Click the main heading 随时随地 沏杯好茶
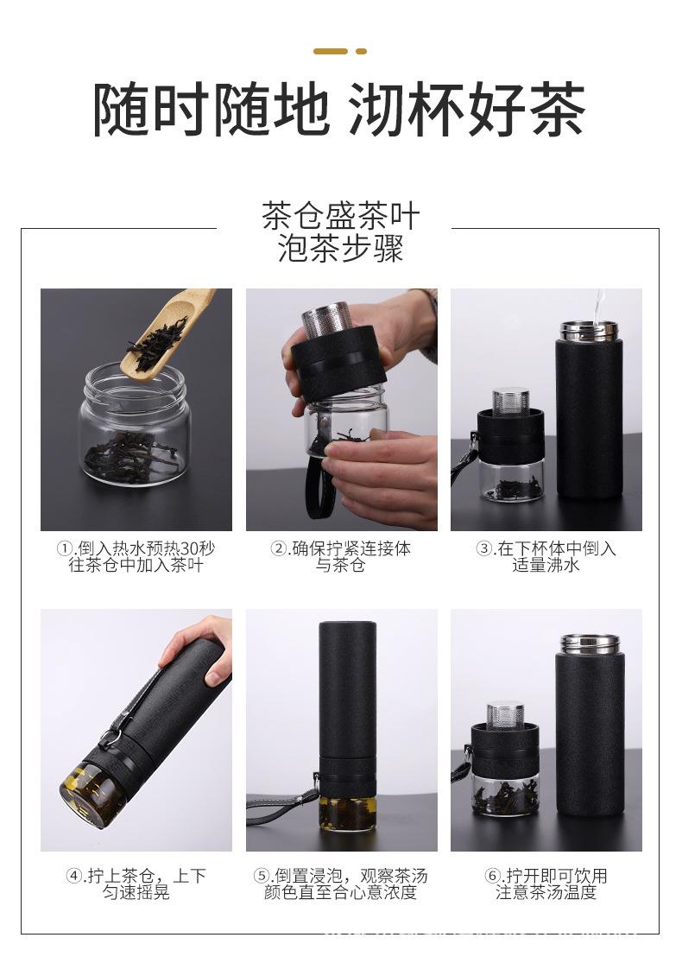click(x=339, y=110)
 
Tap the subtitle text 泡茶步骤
click(x=340, y=248)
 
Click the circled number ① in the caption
click(x=65, y=549)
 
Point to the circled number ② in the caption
click(x=278, y=549)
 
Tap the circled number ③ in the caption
click(x=483, y=549)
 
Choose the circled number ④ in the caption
click(x=75, y=877)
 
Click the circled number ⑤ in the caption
click(x=262, y=877)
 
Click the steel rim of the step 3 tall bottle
click(x=589, y=330)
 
